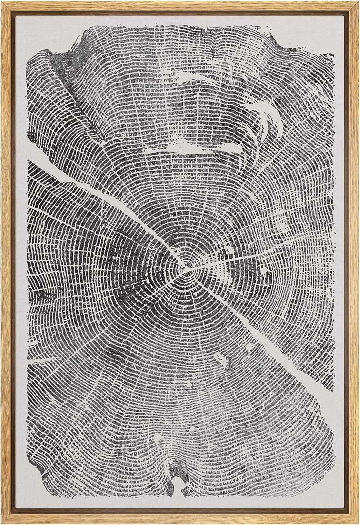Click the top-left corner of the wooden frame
click(3, 3)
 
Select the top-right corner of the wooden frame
click(357, 3)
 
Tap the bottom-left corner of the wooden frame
click(3, 522)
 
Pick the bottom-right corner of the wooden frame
click(357, 522)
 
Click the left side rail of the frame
click(5, 262)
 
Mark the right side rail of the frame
click(355, 262)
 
